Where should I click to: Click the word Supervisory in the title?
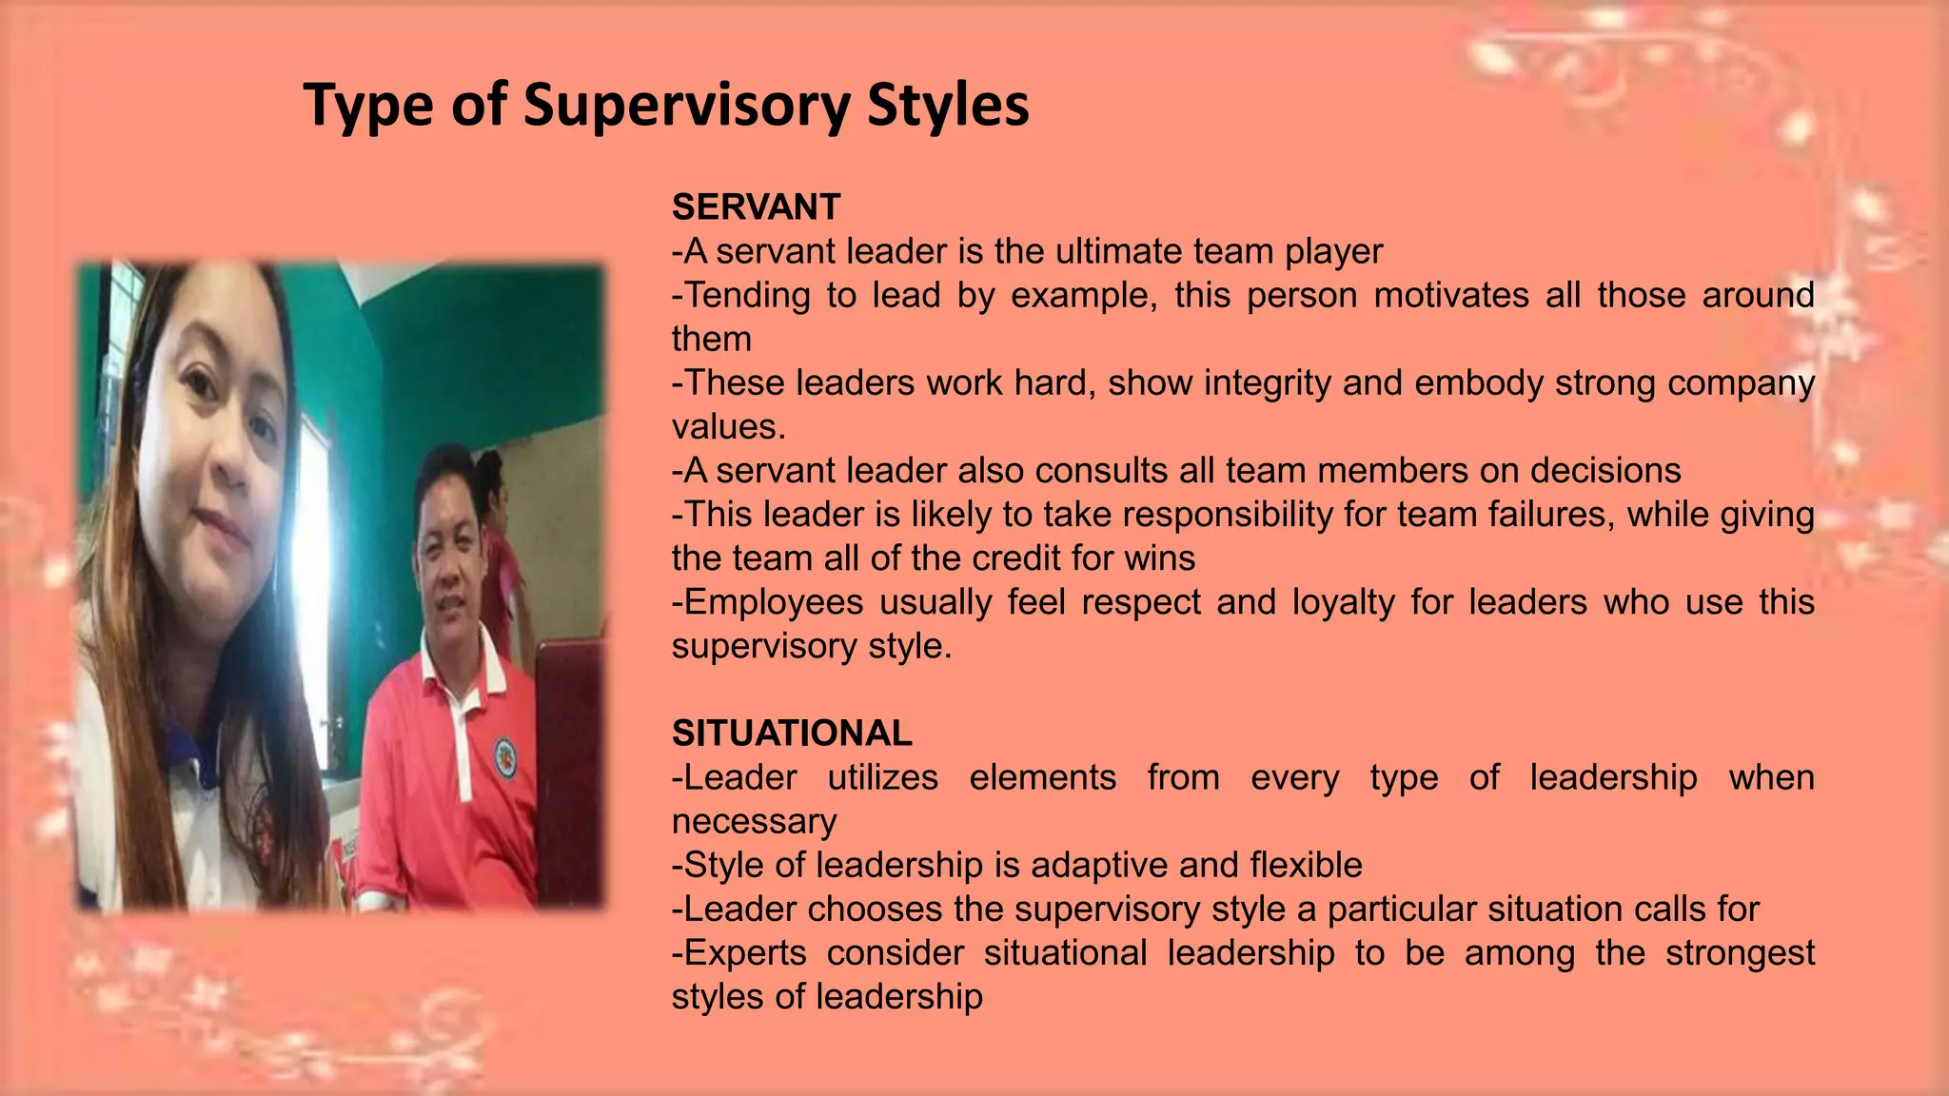(x=685, y=105)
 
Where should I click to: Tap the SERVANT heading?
(x=756, y=207)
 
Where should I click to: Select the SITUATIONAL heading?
(x=792, y=734)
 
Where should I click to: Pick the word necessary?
(x=754, y=821)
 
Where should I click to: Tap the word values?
(x=727, y=426)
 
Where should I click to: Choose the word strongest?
(x=1740, y=952)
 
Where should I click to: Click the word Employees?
(x=767, y=602)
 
